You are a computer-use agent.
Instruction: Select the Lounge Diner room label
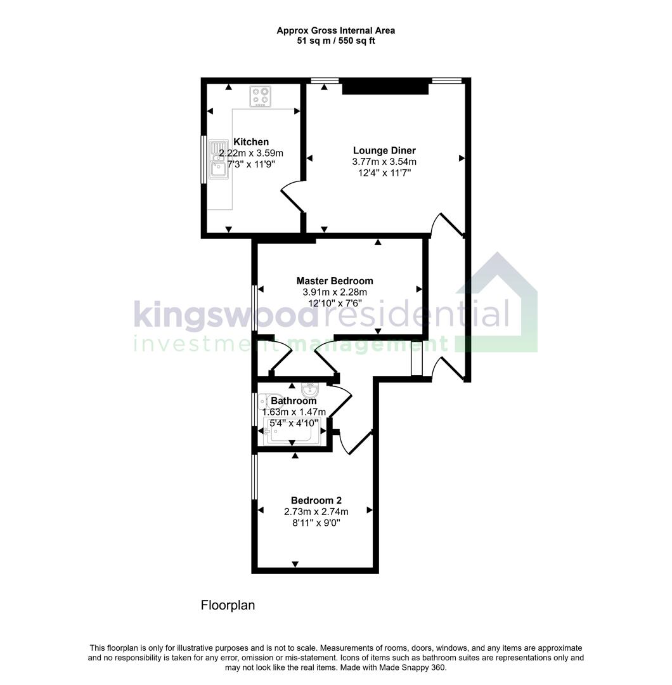coord(384,150)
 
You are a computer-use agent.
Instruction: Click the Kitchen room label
coord(251,141)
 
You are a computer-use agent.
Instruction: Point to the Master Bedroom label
coord(335,280)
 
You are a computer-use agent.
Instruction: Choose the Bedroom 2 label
coord(316,500)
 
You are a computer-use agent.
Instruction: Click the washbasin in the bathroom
coord(310,389)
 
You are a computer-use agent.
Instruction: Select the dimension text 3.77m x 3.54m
coord(384,161)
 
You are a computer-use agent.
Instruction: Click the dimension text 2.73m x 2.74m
coord(316,511)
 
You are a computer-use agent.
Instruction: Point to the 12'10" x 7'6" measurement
coord(335,303)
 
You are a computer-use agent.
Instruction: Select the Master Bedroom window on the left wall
coord(255,308)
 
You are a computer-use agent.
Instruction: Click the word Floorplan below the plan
coord(228,605)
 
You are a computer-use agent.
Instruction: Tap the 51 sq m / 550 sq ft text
coord(336,41)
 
